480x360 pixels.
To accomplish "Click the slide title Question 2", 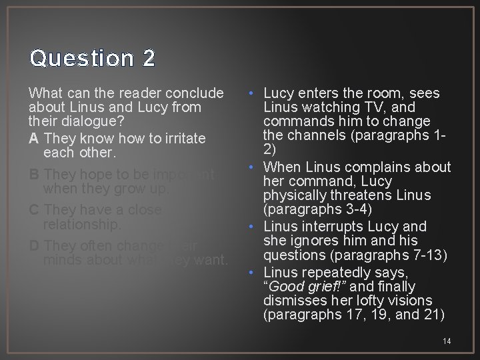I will click(93, 59).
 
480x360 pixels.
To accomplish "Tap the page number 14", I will click(447, 341).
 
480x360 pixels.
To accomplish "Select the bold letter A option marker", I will click(34, 138).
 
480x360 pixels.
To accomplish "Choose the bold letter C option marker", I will click(34, 210).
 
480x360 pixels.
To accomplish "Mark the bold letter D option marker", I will click(34, 245).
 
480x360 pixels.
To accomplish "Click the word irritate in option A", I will click(182, 138).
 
